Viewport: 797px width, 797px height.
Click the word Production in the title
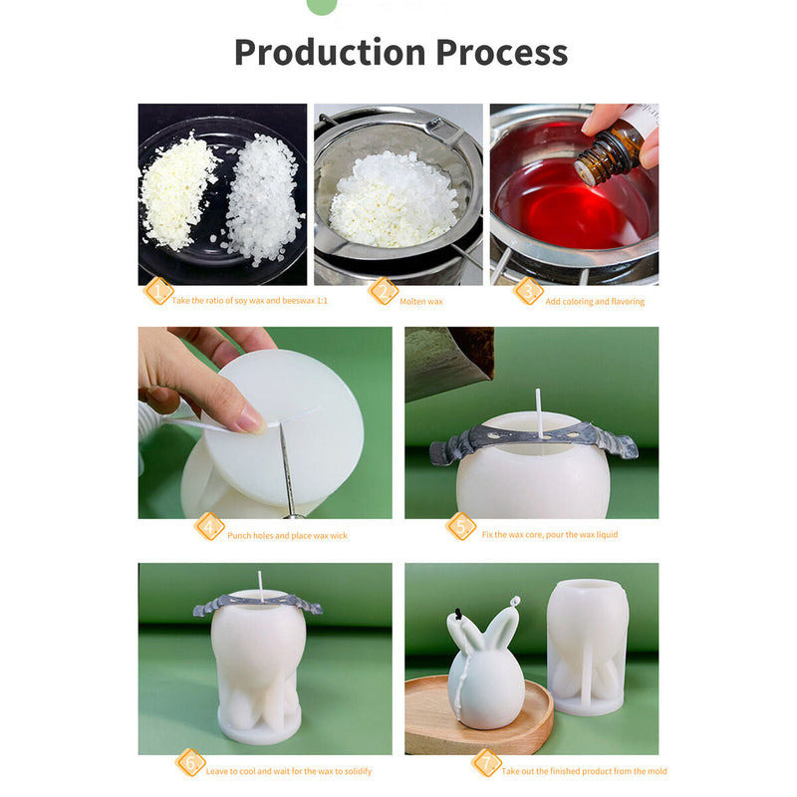tap(330, 52)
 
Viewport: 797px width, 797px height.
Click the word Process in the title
tap(502, 53)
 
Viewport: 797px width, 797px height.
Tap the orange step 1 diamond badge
tap(158, 291)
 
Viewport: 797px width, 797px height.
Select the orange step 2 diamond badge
tap(384, 291)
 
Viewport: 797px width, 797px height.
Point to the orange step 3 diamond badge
tap(528, 291)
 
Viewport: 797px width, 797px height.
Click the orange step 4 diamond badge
tap(209, 526)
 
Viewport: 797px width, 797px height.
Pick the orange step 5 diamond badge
tap(461, 526)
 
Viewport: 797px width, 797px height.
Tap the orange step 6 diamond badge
tap(190, 762)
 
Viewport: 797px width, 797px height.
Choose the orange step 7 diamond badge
tap(486, 762)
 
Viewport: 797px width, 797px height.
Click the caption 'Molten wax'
tap(420, 302)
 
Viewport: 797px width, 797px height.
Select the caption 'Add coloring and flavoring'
tap(595, 302)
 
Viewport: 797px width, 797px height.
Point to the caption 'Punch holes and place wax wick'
tap(287, 535)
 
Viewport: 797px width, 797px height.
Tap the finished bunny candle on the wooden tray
tap(485, 665)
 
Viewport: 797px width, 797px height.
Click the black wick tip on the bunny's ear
tap(459, 615)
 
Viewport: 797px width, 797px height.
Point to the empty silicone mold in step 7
tap(588, 647)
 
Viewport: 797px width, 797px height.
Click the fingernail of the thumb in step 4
tap(252, 421)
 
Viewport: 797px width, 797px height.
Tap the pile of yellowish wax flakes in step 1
tap(178, 189)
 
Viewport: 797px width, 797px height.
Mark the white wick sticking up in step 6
tap(261, 587)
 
